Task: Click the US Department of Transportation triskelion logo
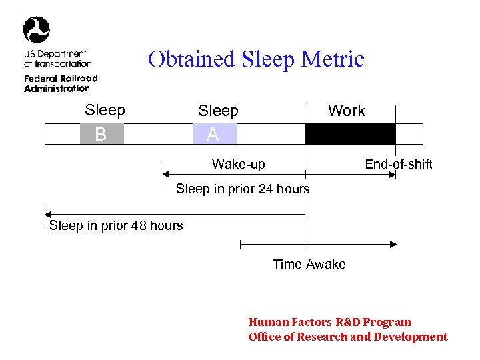click(37, 30)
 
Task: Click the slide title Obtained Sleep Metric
click(256, 59)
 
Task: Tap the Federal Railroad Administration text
click(60, 83)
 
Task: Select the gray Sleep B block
click(101, 134)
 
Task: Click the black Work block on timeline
click(350, 134)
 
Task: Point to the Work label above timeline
click(346, 111)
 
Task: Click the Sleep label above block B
click(105, 110)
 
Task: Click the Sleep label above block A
click(218, 111)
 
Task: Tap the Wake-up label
click(238, 164)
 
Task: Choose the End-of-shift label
click(398, 164)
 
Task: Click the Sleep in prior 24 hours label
click(243, 189)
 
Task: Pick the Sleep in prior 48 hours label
click(116, 225)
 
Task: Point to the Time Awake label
click(309, 264)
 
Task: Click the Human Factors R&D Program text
click(329, 322)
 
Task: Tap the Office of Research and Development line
click(347, 337)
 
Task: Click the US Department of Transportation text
click(57, 59)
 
